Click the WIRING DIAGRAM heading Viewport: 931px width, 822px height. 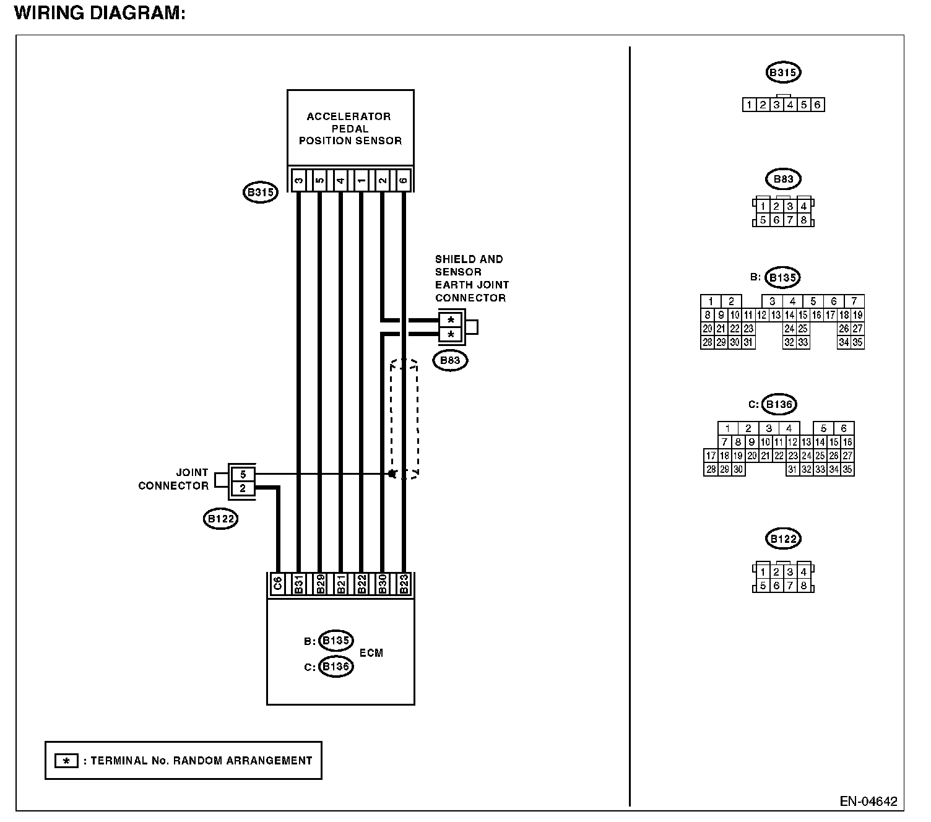[100, 13]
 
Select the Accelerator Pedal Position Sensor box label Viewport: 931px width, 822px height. [350, 128]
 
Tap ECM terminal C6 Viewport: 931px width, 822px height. [278, 584]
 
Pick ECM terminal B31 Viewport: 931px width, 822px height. [299, 584]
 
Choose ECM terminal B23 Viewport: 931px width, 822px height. [404, 584]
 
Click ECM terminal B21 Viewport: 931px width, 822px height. [340, 584]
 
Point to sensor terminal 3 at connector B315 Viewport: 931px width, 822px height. [298, 180]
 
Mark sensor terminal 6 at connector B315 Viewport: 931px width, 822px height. [404, 180]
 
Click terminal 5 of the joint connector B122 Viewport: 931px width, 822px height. [243, 475]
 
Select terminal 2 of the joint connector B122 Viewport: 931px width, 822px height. [243, 488]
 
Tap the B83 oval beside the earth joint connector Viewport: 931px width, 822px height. [450, 360]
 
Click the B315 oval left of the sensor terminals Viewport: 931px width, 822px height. [260, 193]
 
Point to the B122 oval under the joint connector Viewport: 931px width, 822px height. [220, 519]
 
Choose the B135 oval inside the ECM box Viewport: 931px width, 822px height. [336, 641]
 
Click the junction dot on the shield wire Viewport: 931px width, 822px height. [392, 474]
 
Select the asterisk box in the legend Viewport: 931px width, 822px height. [66, 761]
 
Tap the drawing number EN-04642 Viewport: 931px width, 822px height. [868, 802]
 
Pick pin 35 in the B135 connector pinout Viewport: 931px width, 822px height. [857, 342]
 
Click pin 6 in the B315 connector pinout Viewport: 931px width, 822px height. [817, 105]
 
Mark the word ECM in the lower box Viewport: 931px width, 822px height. [371, 653]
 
